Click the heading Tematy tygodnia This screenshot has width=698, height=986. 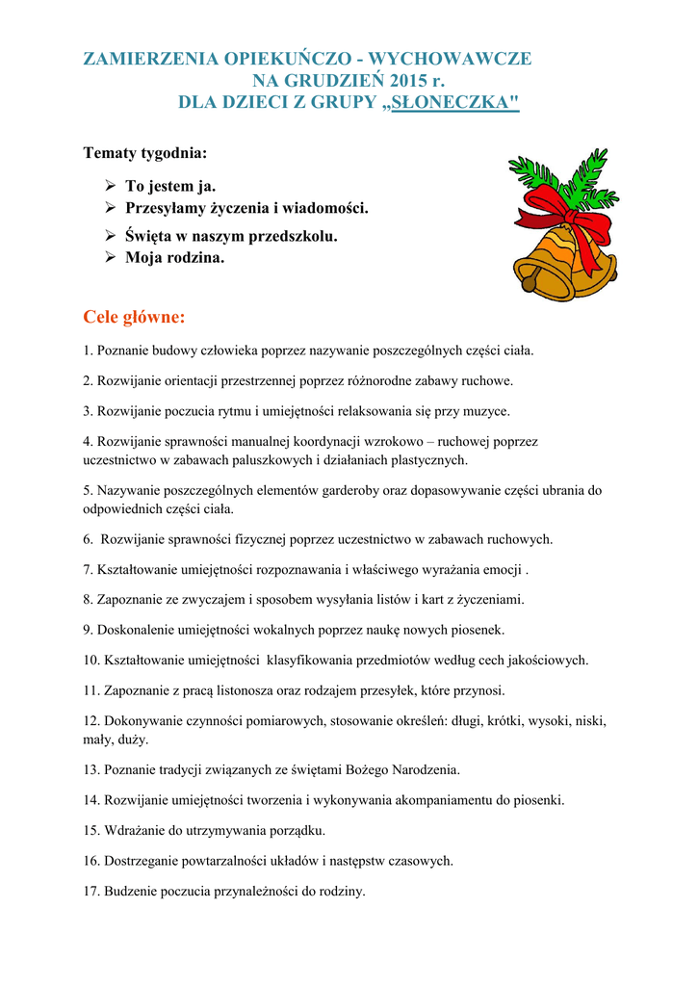coord(145,153)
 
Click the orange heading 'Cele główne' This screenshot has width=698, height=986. coord(134,317)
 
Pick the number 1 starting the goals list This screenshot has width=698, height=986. coord(87,350)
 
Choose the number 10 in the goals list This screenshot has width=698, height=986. coord(90,661)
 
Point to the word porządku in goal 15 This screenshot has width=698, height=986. coord(299,830)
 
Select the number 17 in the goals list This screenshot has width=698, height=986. coord(90,891)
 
